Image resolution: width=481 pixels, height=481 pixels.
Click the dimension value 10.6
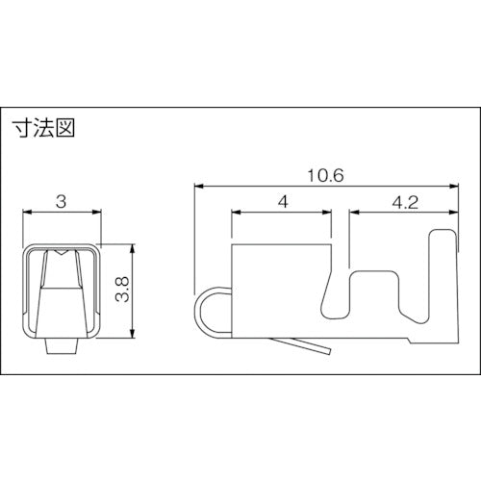(x=325, y=175)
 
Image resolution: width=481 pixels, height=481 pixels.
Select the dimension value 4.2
(x=403, y=202)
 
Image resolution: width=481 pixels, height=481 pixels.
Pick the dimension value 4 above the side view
(x=282, y=202)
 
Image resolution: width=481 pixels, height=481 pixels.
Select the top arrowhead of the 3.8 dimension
(x=132, y=245)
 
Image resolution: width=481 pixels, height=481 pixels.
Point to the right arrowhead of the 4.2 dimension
(x=453, y=212)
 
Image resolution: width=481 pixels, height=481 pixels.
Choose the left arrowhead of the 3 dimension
(x=26, y=212)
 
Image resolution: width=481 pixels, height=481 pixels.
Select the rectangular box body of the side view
(x=279, y=289)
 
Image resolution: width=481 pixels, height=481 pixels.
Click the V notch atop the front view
(x=60, y=254)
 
